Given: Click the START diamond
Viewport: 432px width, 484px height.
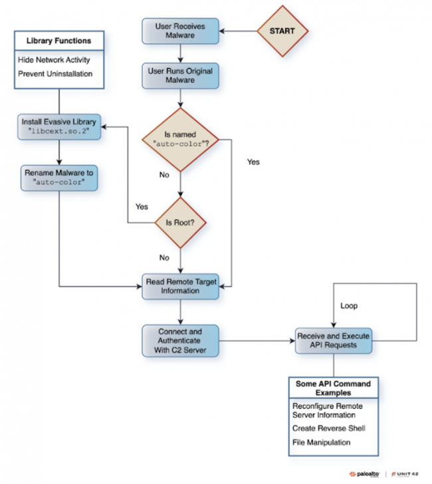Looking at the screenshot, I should tap(282, 31).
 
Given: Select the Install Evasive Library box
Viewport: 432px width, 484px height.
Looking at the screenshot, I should tap(59, 126).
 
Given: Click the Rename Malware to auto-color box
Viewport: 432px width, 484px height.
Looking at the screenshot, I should tap(59, 178).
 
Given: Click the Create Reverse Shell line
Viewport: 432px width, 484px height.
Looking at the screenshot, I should tap(329, 428).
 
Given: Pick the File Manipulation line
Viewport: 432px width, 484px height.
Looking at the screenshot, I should tap(321, 441).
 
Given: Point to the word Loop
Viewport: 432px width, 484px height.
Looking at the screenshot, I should tap(349, 306).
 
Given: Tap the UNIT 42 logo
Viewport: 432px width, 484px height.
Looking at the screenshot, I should tap(407, 474).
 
